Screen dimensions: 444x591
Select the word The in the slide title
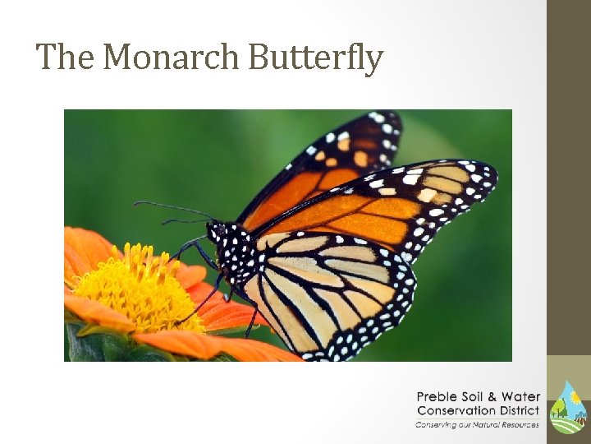[x=66, y=58]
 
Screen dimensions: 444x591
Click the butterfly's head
[x=217, y=231]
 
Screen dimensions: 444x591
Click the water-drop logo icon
[x=567, y=407]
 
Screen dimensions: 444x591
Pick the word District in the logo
[x=520, y=410]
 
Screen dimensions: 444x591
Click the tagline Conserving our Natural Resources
[x=477, y=424]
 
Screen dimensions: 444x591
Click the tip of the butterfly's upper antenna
[x=136, y=203]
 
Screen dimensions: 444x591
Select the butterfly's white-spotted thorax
[x=239, y=251]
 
